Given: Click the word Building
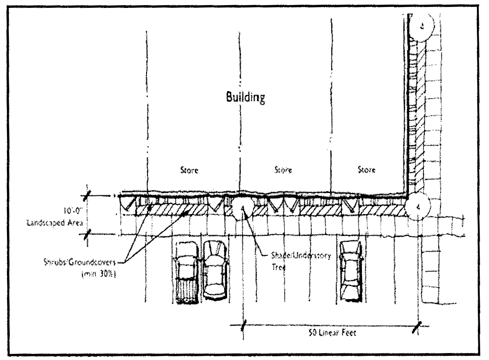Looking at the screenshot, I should click(245, 98).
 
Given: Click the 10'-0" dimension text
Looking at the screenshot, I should click(71, 204).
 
